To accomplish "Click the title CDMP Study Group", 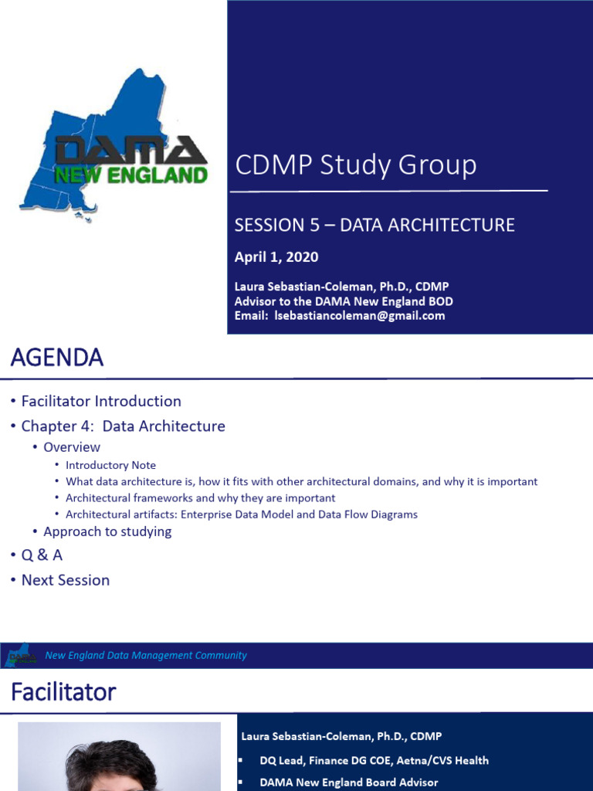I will tap(355, 165).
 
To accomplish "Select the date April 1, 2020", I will tap(276, 257).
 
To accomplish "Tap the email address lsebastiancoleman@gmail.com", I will tap(360, 316).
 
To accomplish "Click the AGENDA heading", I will tap(56, 358).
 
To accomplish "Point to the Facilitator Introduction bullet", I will tap(101, 401).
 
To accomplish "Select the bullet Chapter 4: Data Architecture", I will tap(123, 426).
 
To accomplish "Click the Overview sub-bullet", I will tap(72, 447).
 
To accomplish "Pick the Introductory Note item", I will tap(110, 465).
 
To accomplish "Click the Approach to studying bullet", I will tap(107, 531).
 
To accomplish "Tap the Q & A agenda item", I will tap(42, 555).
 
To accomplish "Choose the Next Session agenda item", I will tap(66, 580).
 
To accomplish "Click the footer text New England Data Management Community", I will tap(146, 655).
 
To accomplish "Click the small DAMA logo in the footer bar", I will tap(22, 655).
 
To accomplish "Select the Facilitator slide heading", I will tap(63, 691).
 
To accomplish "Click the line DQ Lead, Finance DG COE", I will tap(374, 760).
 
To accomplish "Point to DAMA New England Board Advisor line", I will tap(348, 783).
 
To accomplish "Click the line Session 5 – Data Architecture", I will tap(374, 225).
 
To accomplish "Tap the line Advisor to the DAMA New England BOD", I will tap(344, 301).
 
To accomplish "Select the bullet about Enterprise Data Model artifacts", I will tap(241, 514).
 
